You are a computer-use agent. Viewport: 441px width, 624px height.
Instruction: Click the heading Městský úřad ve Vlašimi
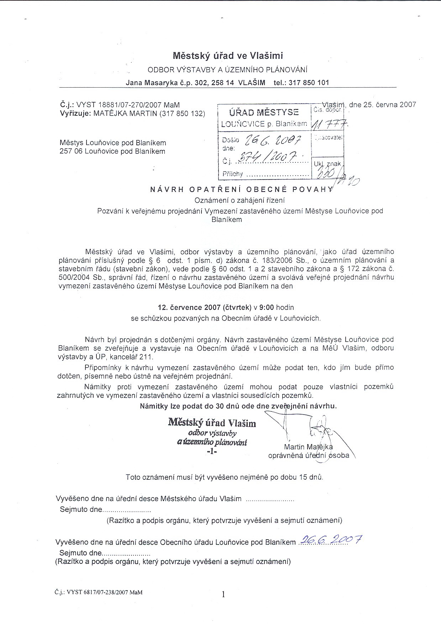click(x=228, y=56)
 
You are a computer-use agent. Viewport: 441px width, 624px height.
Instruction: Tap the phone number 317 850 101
click(x=309, y=83)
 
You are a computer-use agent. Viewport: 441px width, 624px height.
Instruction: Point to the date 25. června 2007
click(x=383, y=105)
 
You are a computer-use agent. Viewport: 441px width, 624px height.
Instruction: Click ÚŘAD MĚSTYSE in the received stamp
click(x=264, y=113)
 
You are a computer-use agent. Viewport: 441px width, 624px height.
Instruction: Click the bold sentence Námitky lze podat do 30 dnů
click(x=238, y=406)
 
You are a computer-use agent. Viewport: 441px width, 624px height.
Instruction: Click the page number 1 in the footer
click(x=223, y=594)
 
